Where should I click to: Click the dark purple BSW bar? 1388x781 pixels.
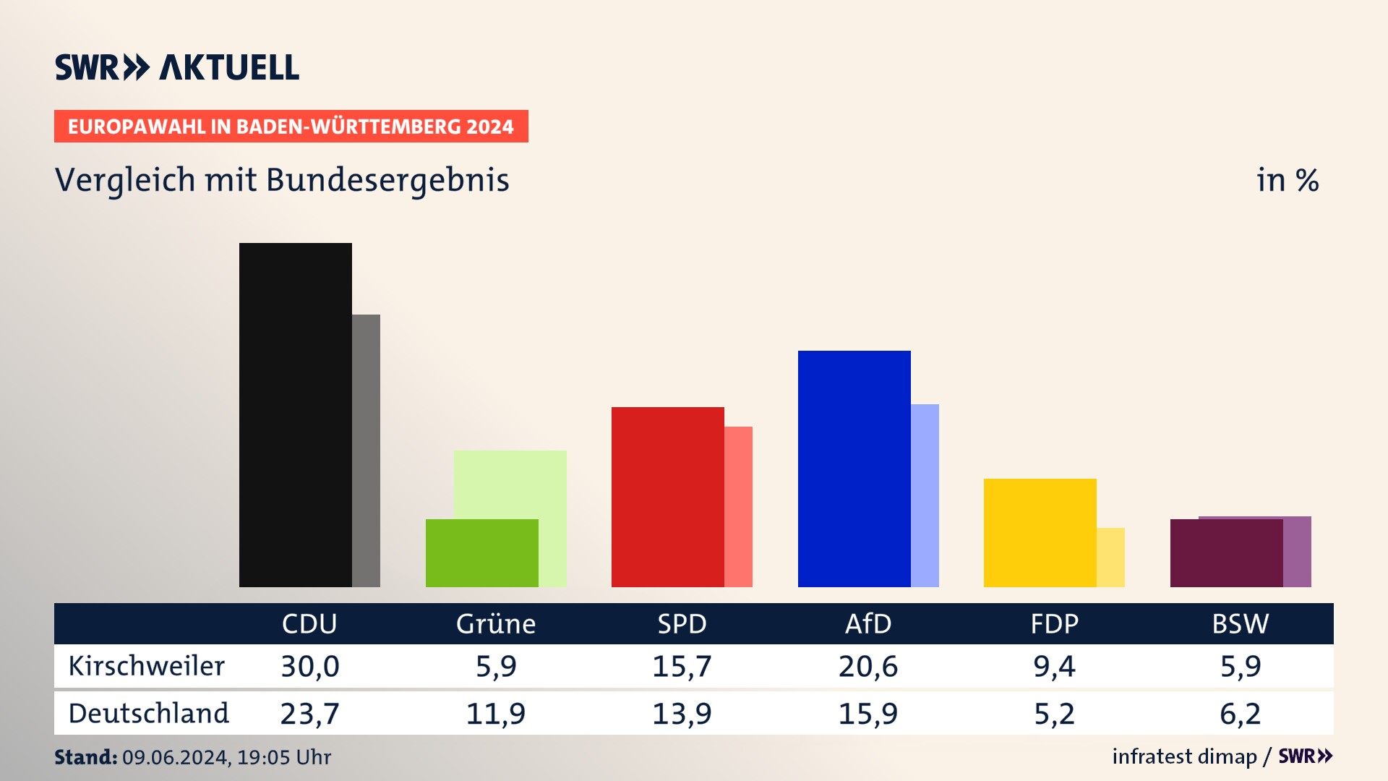coord(1226,553)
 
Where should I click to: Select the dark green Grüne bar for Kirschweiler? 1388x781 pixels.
coord(481,553)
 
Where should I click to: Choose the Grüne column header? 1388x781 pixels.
coord(496,624)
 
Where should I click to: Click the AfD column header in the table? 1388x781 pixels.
coord(868,624)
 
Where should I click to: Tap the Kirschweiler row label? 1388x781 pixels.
coord(147,666)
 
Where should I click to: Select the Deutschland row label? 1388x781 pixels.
coord(149,714)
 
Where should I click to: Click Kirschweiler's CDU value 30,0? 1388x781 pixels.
coord(310,666)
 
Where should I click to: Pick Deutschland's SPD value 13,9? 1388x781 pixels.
coord(682,714)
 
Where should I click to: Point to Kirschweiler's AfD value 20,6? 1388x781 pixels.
coord(868,666)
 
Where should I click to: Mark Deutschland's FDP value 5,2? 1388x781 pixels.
coord(1054,714)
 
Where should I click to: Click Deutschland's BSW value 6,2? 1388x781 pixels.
coord(1241,714)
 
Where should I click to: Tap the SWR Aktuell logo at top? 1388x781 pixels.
coord(177,67)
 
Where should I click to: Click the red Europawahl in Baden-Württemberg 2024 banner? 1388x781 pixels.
coord(291,127)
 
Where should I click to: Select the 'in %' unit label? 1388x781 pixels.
coord(1288,181)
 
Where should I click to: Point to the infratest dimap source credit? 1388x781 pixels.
coord(1184,756)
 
